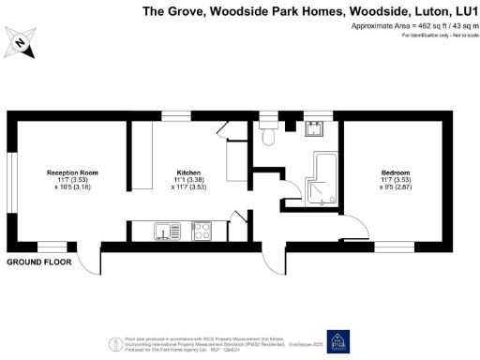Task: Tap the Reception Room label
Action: point(73,172)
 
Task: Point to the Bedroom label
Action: point(395,172)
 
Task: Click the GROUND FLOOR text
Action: point(40,263)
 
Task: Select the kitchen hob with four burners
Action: point(202,231)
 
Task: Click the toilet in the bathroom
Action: point(269,137)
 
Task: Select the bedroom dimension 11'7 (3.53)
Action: point(395,181)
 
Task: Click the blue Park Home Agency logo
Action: point(337,341)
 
